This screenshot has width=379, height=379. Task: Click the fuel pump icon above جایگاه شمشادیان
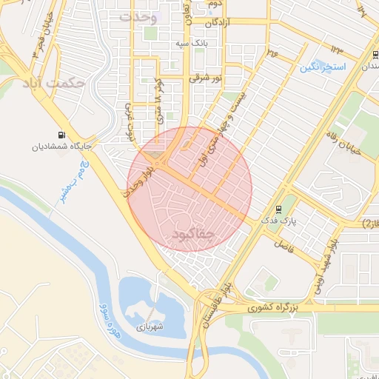[59, 135]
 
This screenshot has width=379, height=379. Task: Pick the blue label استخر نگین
[323, 67]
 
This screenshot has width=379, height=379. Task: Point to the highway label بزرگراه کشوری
[272, 305]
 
